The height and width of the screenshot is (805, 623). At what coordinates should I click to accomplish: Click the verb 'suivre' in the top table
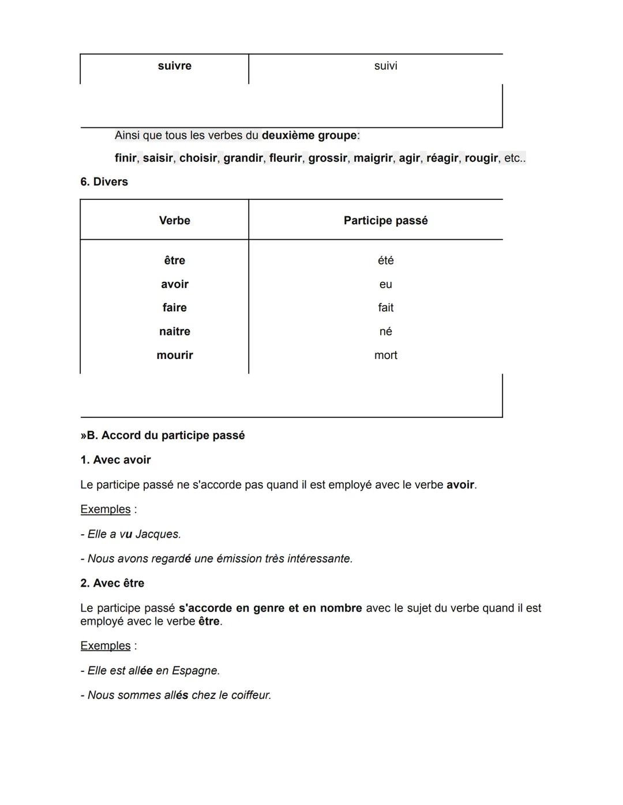[x=174, y=66]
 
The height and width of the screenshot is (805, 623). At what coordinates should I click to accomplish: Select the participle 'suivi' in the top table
[x=385, y=66]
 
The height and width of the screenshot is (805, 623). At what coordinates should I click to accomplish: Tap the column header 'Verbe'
[x=174, y=221]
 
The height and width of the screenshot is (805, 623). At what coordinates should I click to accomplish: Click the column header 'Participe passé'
[x=385, y=221]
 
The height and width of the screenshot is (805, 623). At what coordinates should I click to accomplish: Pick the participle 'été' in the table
[x=385, y=260]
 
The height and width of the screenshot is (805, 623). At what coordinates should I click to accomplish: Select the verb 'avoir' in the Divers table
[x=174, y=284]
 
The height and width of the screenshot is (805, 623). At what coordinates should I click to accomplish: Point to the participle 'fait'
[x=385, y=308]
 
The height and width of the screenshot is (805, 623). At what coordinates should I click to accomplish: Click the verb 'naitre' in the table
[x=174, y=331]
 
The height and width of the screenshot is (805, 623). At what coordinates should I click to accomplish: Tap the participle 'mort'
[x=385, y=355]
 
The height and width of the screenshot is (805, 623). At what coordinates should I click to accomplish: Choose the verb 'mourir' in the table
[x=174, y=355]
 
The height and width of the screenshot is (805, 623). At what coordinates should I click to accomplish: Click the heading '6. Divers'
[x=104, y=182]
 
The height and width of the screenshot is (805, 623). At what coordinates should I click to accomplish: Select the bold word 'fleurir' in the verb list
[x=285, y=158]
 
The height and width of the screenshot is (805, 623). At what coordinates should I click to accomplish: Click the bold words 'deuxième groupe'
[x=309, y=135]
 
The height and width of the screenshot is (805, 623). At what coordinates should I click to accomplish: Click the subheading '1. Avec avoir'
[x=115, y=460]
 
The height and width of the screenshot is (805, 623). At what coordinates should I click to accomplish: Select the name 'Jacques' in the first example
[x=157, y=534]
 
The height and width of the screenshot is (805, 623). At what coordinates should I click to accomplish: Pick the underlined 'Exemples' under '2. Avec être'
[x=106, y=645]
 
